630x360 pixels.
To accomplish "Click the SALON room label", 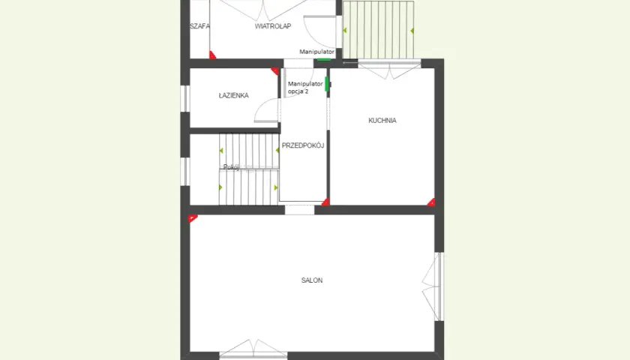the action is [312, 280].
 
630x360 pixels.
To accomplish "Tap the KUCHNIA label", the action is [382, 121].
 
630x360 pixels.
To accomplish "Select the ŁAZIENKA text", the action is [233, 96].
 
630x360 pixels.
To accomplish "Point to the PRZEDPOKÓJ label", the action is [302, 145].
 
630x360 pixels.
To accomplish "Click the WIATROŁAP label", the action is [273, 26].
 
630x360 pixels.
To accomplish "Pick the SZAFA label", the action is [199, 26].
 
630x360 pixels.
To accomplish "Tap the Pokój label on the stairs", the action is [231, 167].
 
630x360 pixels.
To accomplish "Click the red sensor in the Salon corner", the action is [193, 218].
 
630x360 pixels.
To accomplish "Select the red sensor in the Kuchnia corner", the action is [431, 202].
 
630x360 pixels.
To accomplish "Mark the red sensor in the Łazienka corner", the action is [275, 71].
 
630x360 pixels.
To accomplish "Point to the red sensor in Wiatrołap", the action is [212, 55].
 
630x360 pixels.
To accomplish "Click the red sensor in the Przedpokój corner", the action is [325, 202].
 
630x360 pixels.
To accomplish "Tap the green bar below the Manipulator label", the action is [324, 60].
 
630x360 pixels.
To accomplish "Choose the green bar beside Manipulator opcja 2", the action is [327, 84].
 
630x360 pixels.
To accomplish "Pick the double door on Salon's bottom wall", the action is [253, 349].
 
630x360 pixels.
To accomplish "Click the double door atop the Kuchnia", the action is [389, 70].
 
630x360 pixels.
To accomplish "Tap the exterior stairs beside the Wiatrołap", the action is [378, 30].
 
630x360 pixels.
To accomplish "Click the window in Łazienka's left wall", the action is [184, 98].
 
